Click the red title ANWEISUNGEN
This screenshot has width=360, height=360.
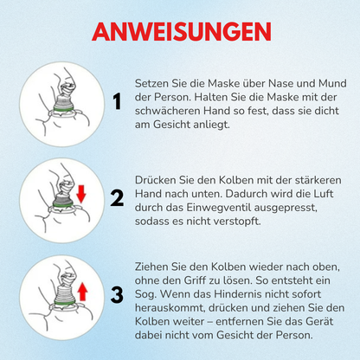click(x=180, y=31)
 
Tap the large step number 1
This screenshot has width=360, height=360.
click(x=116, y=104)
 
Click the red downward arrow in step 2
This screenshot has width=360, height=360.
click(x=81, y=194)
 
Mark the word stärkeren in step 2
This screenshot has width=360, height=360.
click(x=309, y=180)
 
